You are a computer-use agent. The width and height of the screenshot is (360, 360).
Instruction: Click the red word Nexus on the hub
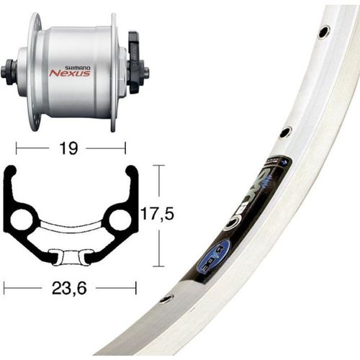[x=69, y=72]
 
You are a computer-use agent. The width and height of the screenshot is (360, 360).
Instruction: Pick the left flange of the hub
[x=32, y=71]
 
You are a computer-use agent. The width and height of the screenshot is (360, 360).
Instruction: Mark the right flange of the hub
[x=113, y=71]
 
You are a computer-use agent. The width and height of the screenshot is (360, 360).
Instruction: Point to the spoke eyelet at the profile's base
[x=70, y=256]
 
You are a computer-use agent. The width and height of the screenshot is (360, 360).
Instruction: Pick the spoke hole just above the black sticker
[x=285, y=132]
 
